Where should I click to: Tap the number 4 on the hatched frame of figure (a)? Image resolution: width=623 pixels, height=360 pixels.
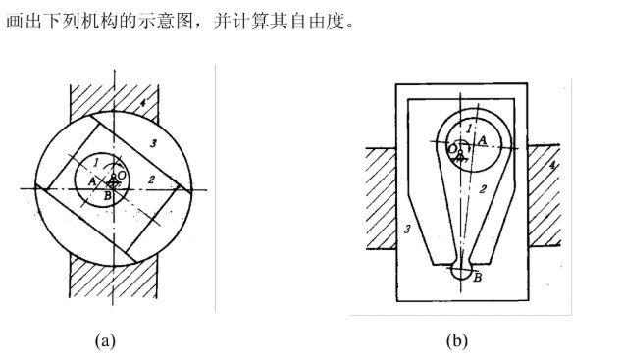[x=141, y=101]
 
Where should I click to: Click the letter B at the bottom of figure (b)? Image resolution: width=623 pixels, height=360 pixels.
[x=477, y=278]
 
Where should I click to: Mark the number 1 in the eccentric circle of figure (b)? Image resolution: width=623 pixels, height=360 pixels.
[x=470, y=128]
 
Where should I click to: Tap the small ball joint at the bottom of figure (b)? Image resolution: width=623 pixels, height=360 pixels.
[x=461, y=275]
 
